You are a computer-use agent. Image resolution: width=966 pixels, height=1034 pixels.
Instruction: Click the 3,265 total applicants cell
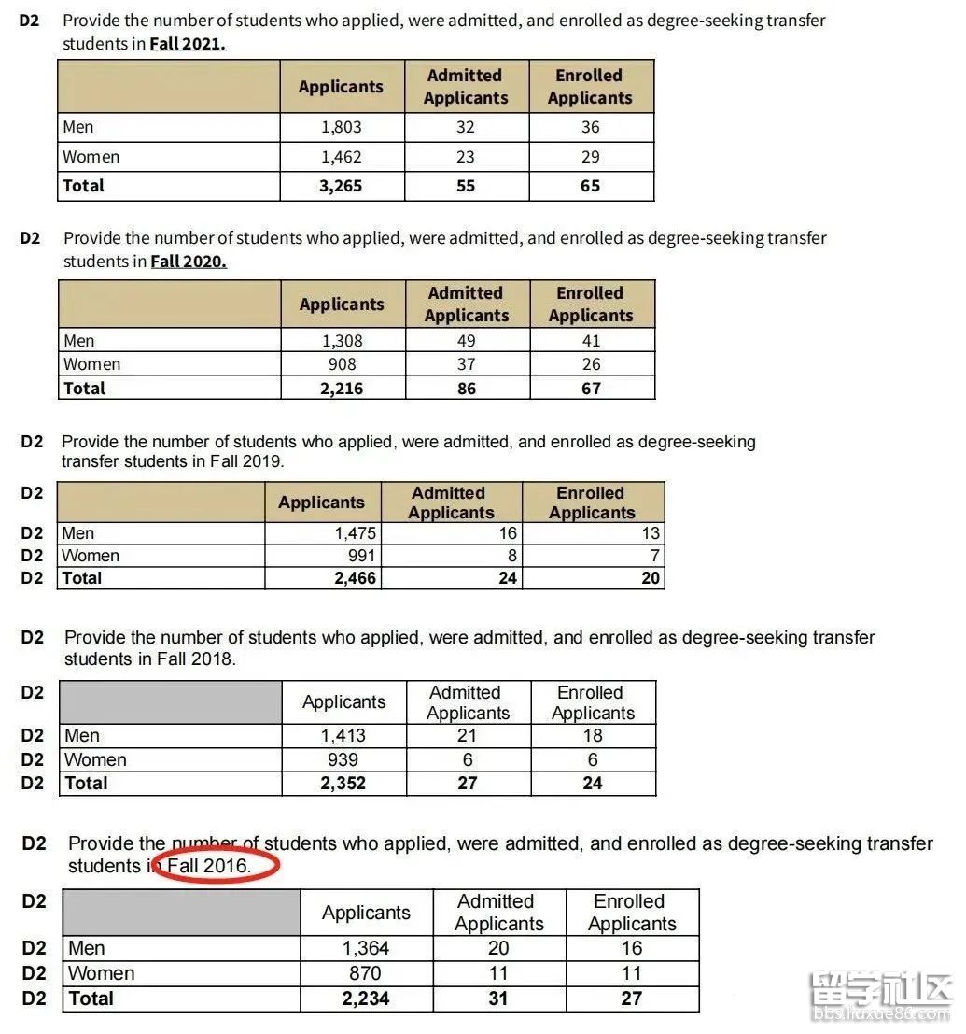(x=341, y=186)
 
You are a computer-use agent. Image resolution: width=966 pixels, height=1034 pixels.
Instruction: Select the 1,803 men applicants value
(x=341, y=127)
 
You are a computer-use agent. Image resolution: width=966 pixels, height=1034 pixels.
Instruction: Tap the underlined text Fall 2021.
(x=187, y=44)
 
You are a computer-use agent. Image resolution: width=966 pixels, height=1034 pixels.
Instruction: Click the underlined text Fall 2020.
(x=188, y=262)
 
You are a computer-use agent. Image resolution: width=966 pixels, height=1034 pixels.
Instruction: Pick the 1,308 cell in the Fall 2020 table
(x=342, y=341)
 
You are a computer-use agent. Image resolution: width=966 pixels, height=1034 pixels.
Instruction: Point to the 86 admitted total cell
(x=467, y=389)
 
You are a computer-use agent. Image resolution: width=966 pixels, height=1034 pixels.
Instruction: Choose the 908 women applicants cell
(x=342, y=364)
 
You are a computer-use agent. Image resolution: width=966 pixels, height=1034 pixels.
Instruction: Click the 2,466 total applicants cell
(x=355, y=578)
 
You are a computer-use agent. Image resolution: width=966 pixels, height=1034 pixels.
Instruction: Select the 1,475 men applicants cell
(x=356, y=533)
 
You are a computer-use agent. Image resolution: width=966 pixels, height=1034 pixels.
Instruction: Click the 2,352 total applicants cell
(x=343, y=784)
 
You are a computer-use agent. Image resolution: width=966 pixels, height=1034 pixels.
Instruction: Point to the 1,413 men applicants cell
(x=343, y=736)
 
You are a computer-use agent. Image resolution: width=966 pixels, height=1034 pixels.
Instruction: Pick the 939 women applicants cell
(x=343, y=760)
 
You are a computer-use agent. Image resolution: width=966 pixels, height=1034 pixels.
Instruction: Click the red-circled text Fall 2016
(x=209, y=866)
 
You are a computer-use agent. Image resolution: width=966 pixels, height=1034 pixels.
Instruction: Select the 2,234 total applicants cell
(x=366, y=999)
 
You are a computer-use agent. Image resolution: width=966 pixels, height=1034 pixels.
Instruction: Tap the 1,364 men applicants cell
(x=366, y=948)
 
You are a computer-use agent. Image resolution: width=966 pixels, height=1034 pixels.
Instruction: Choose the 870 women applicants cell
(x=366, y=973)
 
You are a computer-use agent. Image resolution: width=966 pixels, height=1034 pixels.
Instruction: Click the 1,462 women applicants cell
(x=341, y=157)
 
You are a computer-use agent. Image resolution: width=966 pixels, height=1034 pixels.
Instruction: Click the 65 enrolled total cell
(x=591, y=186)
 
